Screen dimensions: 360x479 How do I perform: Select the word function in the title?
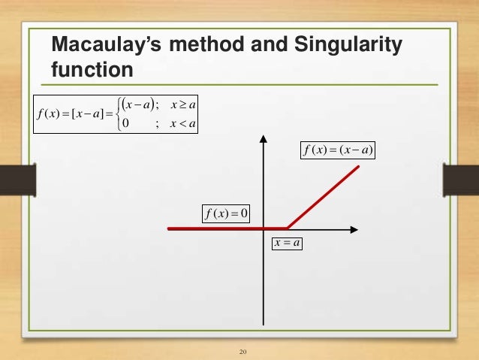(92, 71)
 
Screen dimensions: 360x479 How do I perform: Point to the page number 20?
(242, 352)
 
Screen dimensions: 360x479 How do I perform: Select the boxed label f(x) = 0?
(227, 214)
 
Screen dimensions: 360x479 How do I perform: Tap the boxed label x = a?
(286, 244)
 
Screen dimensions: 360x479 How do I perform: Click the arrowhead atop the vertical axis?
(263, 140)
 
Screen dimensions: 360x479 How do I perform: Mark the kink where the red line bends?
(288, 228)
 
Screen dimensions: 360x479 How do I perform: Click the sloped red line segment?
(323, 197)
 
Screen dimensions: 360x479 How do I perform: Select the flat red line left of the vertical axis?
(214, 228)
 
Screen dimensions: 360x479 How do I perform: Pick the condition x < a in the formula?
(179, 124)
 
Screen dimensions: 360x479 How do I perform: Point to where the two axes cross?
(263, 228)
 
